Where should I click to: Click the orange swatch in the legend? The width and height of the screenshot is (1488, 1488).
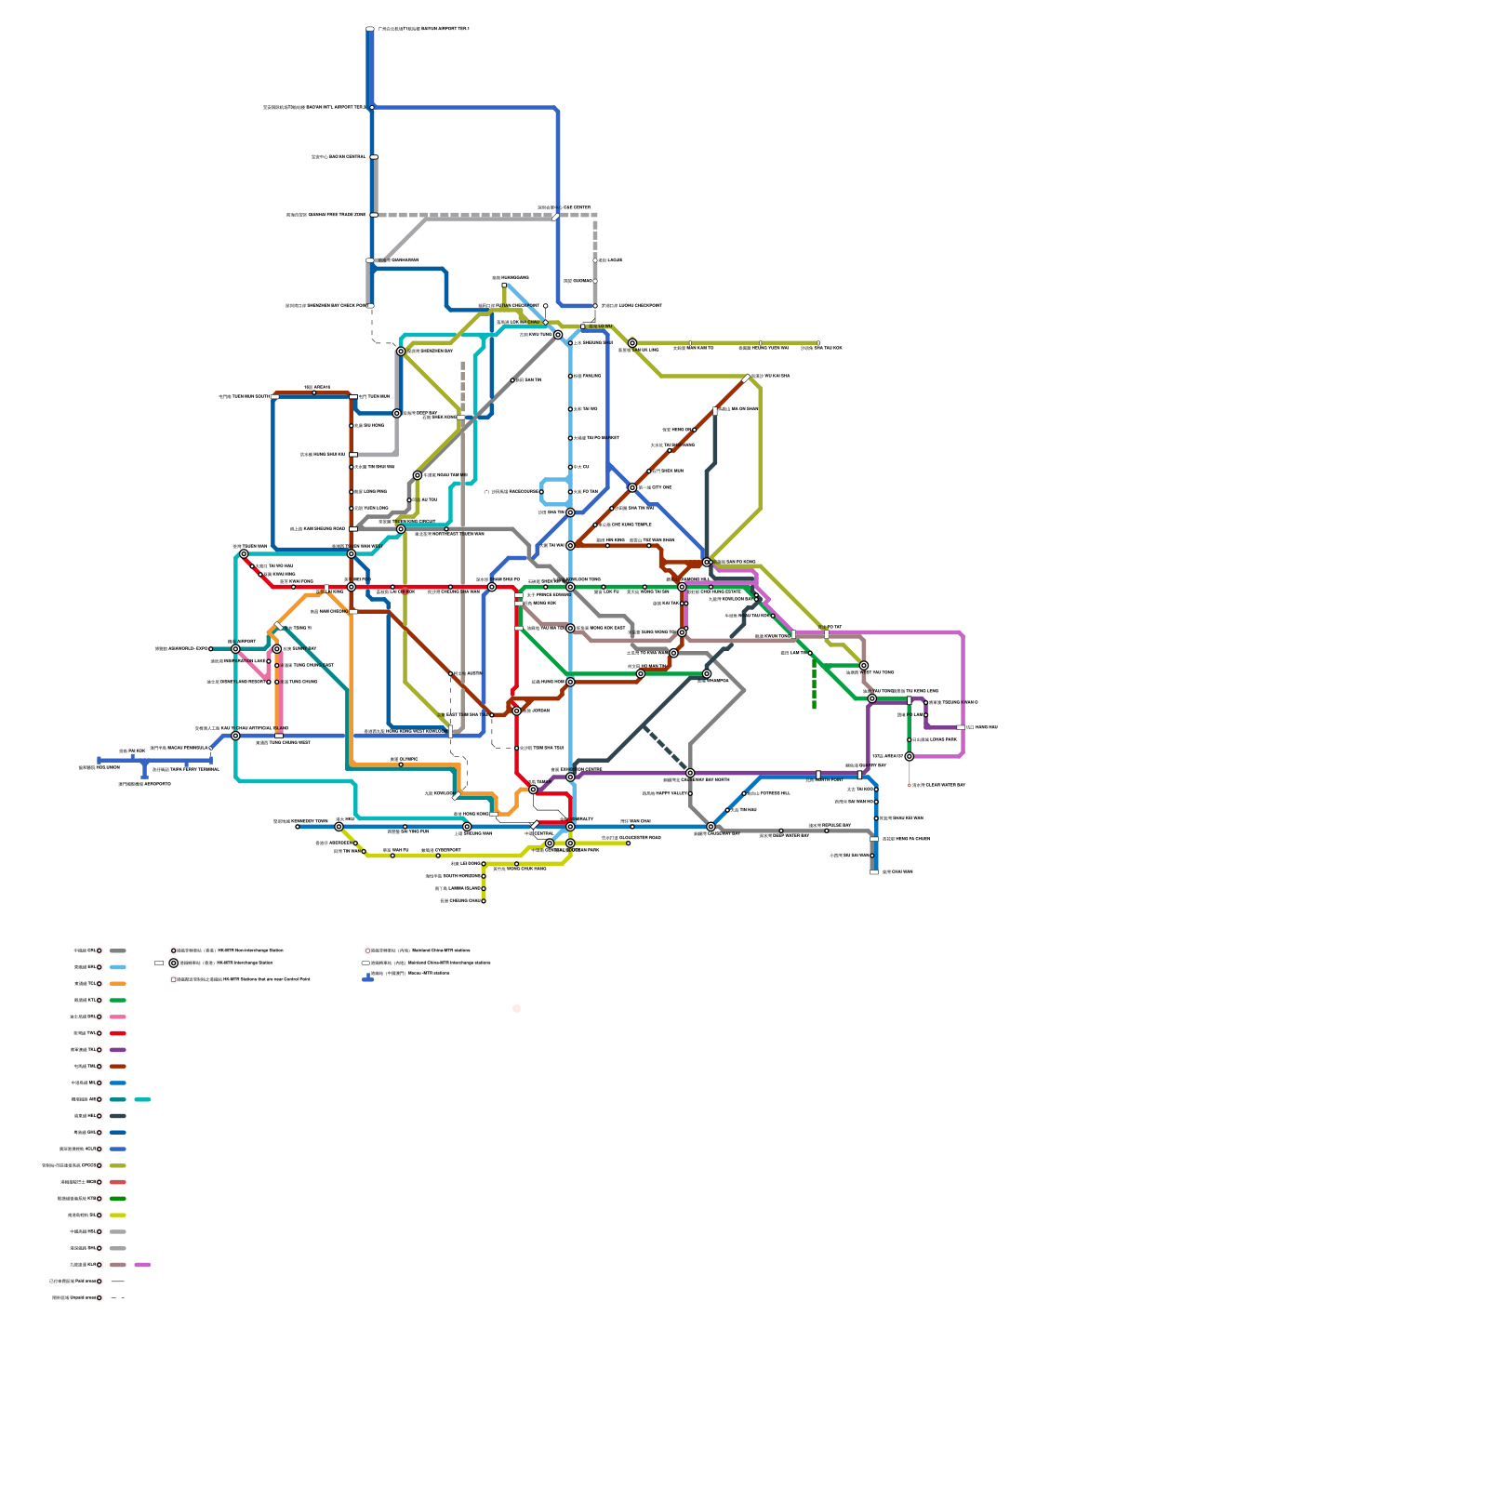pyautogui.click(x=117, y=984)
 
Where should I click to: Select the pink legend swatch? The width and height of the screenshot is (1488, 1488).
pyautogui.click(x=117, y=1016)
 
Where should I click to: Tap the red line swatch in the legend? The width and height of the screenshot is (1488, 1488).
pyautogui.click(x=117, y=1033)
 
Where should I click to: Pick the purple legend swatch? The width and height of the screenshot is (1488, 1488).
pyautogui.click(x=117, y=1050)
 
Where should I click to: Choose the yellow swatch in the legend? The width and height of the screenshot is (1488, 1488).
pyautogui.click(x=117, y=1215)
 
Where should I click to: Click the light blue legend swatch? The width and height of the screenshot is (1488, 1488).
pyautogui.click(x=117, y=967)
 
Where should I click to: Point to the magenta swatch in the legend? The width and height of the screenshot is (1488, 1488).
pyautogui.click(x=142, y=1265)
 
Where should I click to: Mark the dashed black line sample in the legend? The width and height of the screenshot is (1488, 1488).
pyautogui.click(x=117, y=1297)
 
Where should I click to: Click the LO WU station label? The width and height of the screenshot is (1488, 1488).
pyautogui.click(x=601, y=326)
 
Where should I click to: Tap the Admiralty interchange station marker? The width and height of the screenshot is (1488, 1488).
pyautogui.click(x=570, y=827)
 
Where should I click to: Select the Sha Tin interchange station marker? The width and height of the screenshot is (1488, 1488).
pyautogui.click(x=570, y=512)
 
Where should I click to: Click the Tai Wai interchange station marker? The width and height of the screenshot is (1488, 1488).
pyautogui.click(x=570, y=546)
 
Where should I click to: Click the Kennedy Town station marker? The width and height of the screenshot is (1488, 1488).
pyautogui.click(x=298, y=827)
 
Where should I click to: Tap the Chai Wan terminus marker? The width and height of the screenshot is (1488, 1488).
pyautogui.click(x=874, y=871)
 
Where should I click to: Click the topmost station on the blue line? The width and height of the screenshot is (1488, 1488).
pyautogui.click(x=370, y=29)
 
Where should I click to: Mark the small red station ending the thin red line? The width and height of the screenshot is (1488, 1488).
pyautogui.click(x=910, y=785)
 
